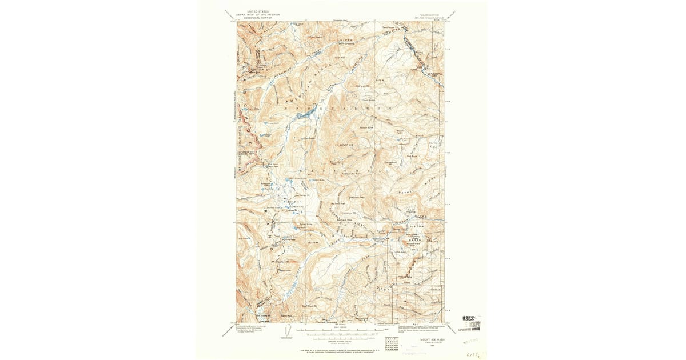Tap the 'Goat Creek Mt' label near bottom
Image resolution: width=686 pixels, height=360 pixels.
(x=308, y=305)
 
